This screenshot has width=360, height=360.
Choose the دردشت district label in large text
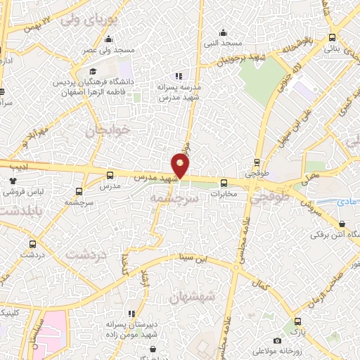point(86,254)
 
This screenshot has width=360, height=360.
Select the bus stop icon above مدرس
point(110,174)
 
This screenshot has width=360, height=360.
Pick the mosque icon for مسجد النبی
point(223,32)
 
